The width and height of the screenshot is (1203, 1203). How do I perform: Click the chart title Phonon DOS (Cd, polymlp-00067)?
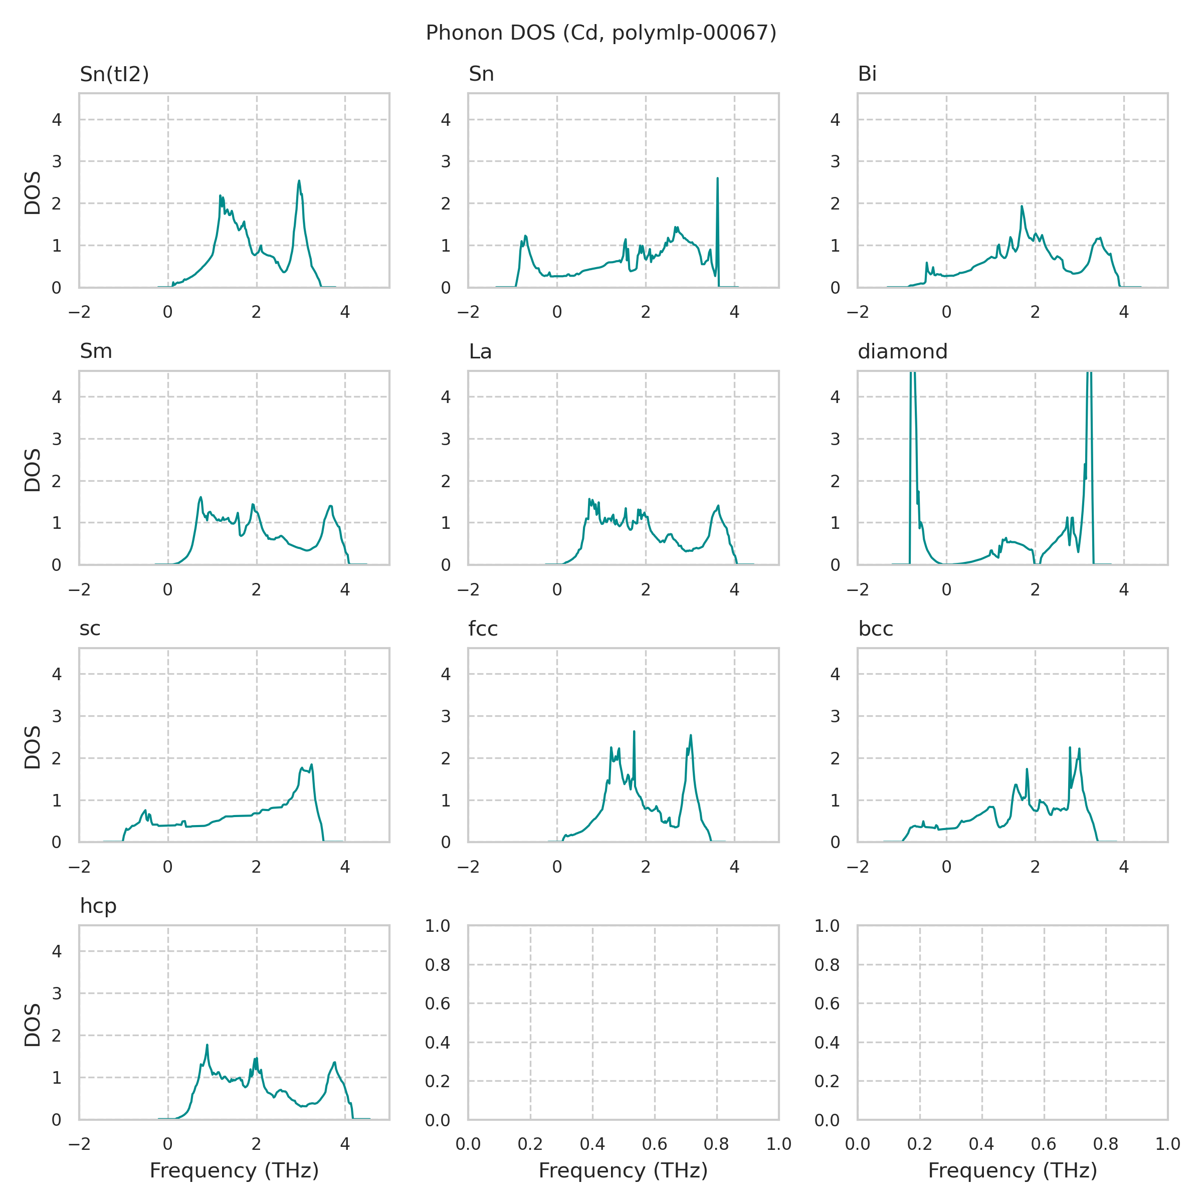click(x=601, y=33)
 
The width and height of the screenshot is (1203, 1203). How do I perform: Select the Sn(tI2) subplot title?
click(x=115, y=74)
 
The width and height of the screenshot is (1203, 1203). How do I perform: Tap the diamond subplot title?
click(x=902, y=352)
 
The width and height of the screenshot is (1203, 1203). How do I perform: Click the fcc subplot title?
click(x=483, y=629)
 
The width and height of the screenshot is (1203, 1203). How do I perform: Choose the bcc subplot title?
click(x=876, y=629)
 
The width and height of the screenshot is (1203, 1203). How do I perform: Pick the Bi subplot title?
click(x=867, y=74)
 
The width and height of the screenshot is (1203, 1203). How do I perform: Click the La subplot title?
click(x=480, y=352)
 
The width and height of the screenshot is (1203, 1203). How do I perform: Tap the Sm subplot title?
click(x=96, y=352)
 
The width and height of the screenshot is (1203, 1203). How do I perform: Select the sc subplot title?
click(x=90, y=629)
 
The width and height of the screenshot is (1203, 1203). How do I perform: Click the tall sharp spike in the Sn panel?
click(x=717, y=179)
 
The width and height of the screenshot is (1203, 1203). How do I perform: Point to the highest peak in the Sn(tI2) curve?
click(x=299, y=181)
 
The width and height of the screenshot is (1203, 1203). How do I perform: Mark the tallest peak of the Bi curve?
click(x=1022, y=206)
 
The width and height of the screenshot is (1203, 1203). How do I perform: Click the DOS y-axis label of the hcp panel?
click(x=33, y=1025)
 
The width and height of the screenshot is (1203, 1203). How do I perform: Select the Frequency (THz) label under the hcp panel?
click(x=234, y=1170)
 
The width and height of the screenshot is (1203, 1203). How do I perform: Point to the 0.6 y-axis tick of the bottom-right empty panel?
click(x=827, y=1003)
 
